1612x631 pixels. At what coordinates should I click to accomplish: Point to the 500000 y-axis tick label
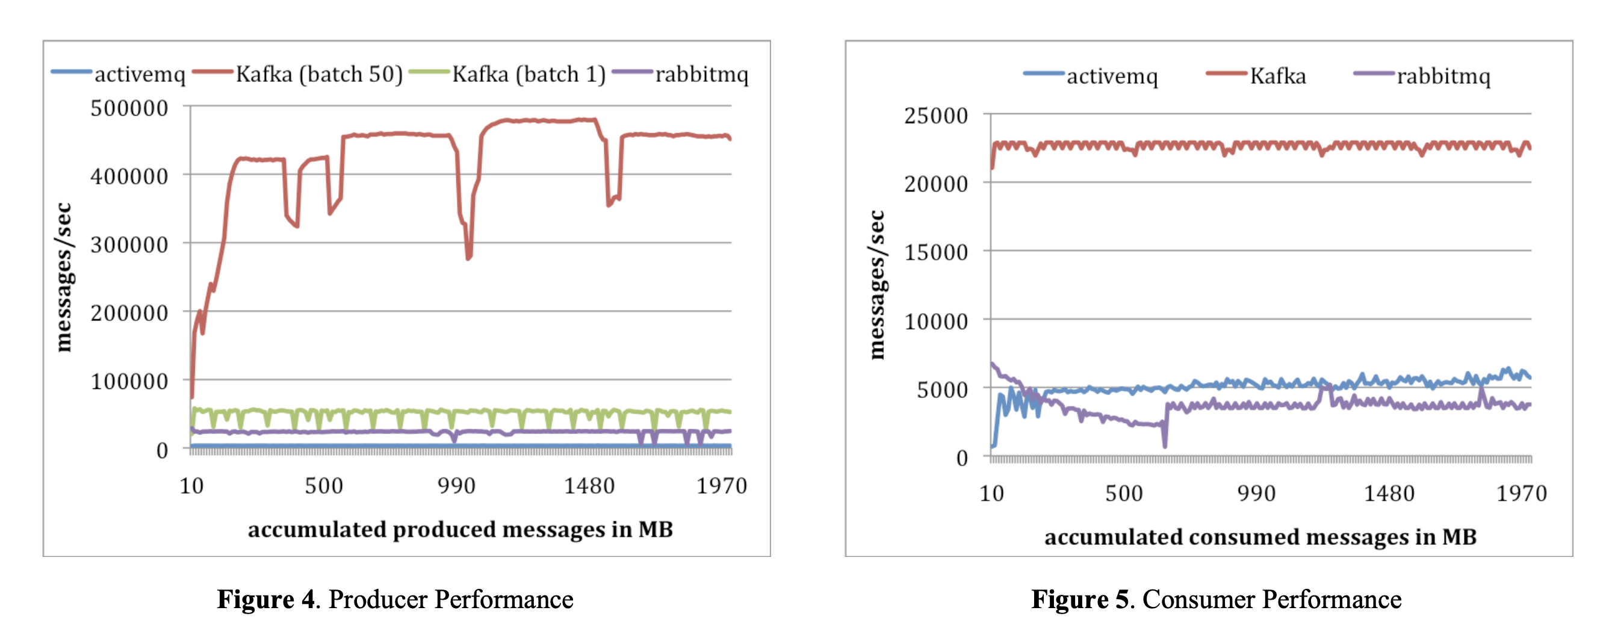(x=129, y=108)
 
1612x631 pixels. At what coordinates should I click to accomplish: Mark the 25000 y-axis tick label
(x=935, y=115)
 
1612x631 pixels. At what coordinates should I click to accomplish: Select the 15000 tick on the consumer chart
(x=935, y=252)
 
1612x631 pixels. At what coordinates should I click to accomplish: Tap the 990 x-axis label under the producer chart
(x=456, y=486)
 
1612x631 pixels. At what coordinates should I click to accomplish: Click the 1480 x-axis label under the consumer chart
(x=1389, y=493)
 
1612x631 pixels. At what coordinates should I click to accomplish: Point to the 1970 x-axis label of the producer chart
(x=722, y=486)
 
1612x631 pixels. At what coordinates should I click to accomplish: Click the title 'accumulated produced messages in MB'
(x=460, y=530)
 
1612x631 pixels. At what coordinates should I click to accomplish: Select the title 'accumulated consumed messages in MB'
(x=1260, y=537)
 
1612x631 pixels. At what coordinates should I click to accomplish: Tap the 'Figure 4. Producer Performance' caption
(x=395, y=599)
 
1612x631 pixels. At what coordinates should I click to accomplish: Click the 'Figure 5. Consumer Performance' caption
(x=1216, y=599)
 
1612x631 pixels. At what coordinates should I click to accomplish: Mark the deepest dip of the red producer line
(x=468, y=257)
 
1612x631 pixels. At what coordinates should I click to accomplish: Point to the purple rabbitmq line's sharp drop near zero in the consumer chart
(x=1165, y=445)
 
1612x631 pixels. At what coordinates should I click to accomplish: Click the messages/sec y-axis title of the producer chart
(x=64, y=277)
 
